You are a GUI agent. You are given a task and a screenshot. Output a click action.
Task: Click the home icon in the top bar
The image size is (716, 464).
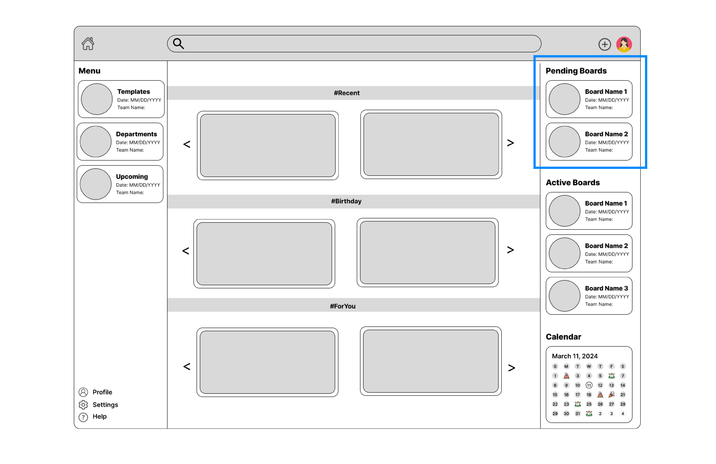click(88, 44)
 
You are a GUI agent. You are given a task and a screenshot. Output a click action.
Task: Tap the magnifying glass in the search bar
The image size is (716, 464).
click(178, 44)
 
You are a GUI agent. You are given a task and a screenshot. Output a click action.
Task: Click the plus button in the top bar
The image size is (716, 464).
click(604, 44)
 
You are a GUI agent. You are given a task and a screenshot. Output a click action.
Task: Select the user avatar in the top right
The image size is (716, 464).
click(624, 44)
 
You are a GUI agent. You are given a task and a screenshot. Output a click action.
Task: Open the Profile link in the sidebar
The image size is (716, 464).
click(102, 392)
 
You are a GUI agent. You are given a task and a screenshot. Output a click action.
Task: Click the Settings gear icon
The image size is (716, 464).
click(83, 405)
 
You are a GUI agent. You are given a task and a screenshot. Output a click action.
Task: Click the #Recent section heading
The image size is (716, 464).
click(347, 93)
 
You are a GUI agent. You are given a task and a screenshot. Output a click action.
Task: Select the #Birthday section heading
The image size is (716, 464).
click(346, 201)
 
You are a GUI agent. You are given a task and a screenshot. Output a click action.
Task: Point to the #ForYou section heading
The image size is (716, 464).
click(343, 306)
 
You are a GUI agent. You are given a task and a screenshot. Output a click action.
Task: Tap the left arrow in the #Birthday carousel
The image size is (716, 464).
click(186, 251)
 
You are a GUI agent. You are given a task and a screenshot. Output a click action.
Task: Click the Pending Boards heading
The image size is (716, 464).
click(576, 71)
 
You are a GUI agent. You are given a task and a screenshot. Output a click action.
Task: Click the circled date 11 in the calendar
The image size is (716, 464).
click(589, 385)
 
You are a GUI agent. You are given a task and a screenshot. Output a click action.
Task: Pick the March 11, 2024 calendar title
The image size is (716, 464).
click(575, 356)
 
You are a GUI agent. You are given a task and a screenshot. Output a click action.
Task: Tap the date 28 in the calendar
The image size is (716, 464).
click(623, 404)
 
